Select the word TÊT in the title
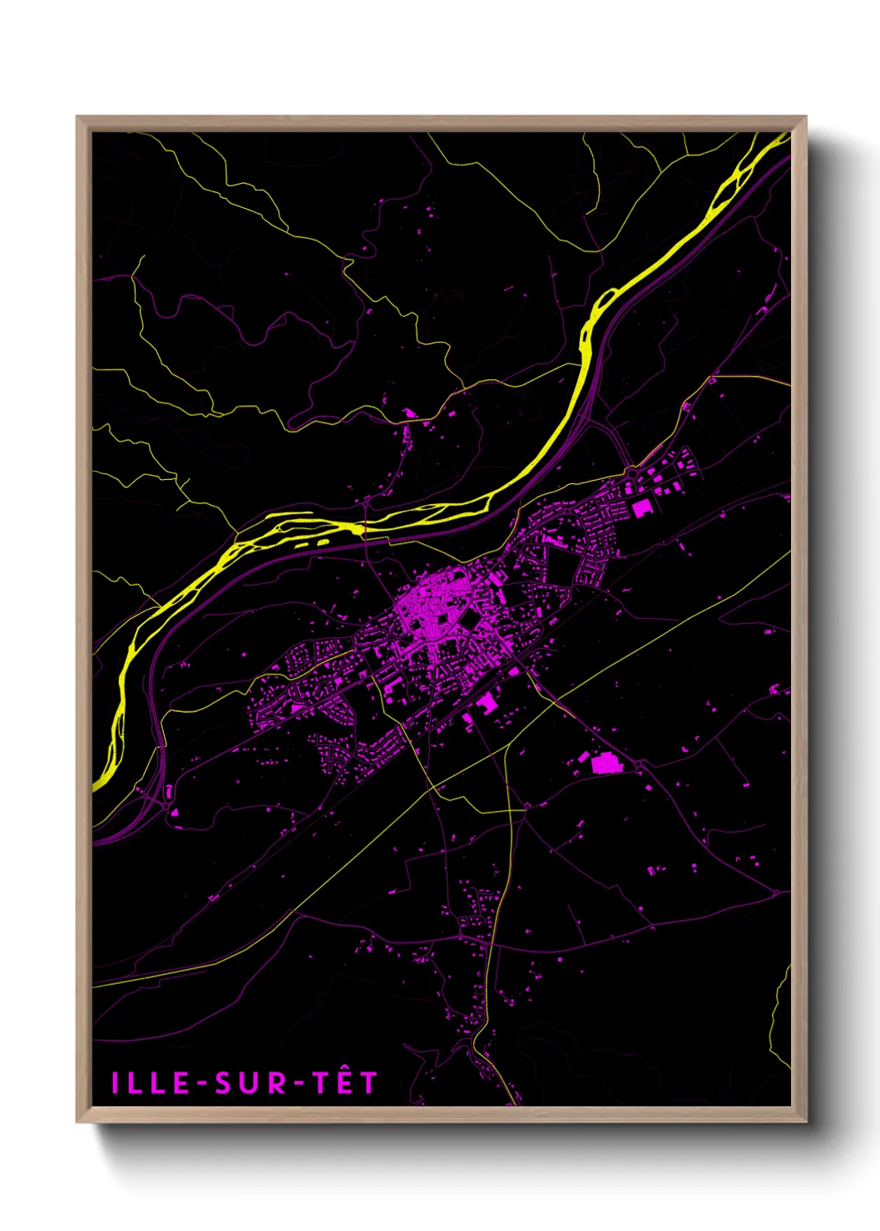point(346,1082)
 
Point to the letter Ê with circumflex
point(345,1081)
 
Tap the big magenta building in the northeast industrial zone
point(641,508)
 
